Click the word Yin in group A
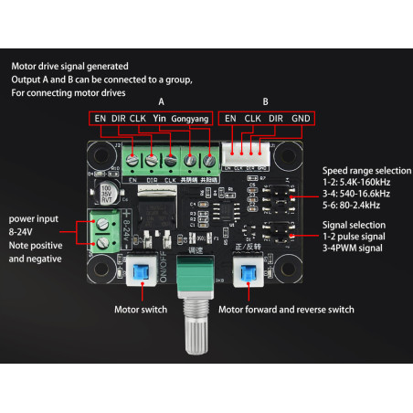(x=160, y=118)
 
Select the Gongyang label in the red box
(x=190, y=119)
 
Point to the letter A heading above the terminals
(x=161, y=101)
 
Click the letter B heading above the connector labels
(x=265, y=101)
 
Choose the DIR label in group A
(x=118, y=118)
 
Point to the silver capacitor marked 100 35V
(x=106, y=195)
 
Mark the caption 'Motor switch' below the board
(x=140, y=310)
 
